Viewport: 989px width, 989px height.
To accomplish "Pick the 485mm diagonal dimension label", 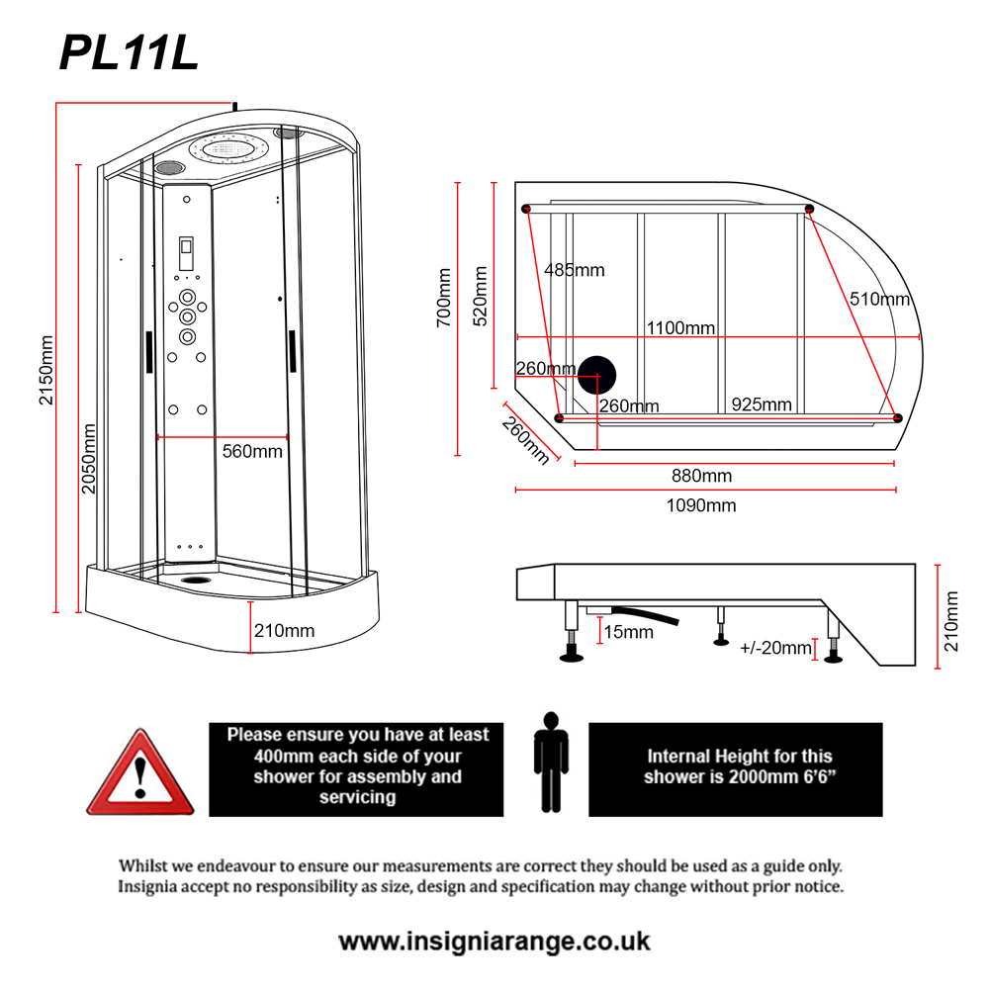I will click(574, 270).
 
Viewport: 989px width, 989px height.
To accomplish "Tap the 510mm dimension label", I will click(879, 299).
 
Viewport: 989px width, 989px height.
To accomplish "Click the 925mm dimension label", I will click(762, 405).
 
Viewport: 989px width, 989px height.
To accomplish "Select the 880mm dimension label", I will click(701, 476).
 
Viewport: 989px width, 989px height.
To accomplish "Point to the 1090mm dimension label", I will click(701, 505).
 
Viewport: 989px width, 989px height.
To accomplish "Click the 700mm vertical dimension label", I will click(443, 297).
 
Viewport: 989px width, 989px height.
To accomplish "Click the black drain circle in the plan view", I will click(596, 376).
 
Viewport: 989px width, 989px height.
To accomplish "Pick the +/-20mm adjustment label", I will click(775, 648).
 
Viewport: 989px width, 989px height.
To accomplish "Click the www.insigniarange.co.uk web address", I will click(494, 941).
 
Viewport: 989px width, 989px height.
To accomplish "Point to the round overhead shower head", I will click(230, 151).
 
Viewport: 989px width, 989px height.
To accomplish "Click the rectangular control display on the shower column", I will click(186, 254).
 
